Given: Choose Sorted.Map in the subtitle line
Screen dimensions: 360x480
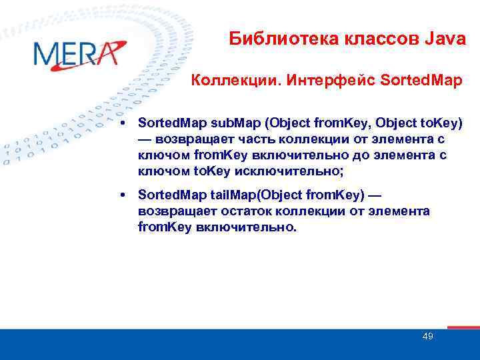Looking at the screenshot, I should (x=411, y=81).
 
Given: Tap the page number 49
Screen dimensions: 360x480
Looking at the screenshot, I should (x=428, y=336).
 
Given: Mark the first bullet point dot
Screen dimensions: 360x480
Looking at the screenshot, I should (x=124, y=124).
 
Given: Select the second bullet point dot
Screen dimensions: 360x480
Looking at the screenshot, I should (x=124, y=195).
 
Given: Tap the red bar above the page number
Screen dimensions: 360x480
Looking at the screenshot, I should (x=463, y=327).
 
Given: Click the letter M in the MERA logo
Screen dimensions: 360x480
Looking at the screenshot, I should (x=48, y=54).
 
